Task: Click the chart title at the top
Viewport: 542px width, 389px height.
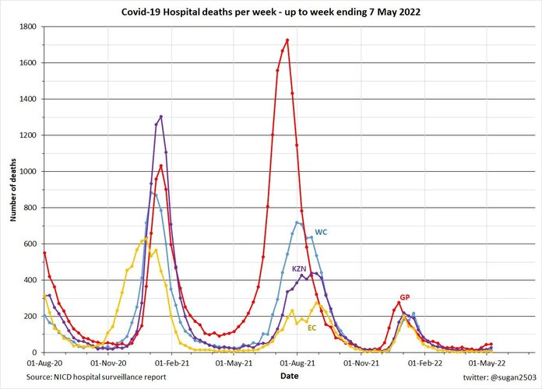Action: [271, 12]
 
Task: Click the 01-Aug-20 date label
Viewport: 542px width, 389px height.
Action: [44, 363]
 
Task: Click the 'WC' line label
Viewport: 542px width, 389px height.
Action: [321, 232]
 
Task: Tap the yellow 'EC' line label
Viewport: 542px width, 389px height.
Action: [311, 328]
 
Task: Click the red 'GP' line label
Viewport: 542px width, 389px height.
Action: [405, 297]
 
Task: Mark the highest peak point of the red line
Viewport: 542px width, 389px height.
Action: [287, 40]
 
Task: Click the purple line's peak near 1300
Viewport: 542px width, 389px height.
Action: [160, 117]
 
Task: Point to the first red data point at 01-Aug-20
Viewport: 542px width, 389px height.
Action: [44, 253]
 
